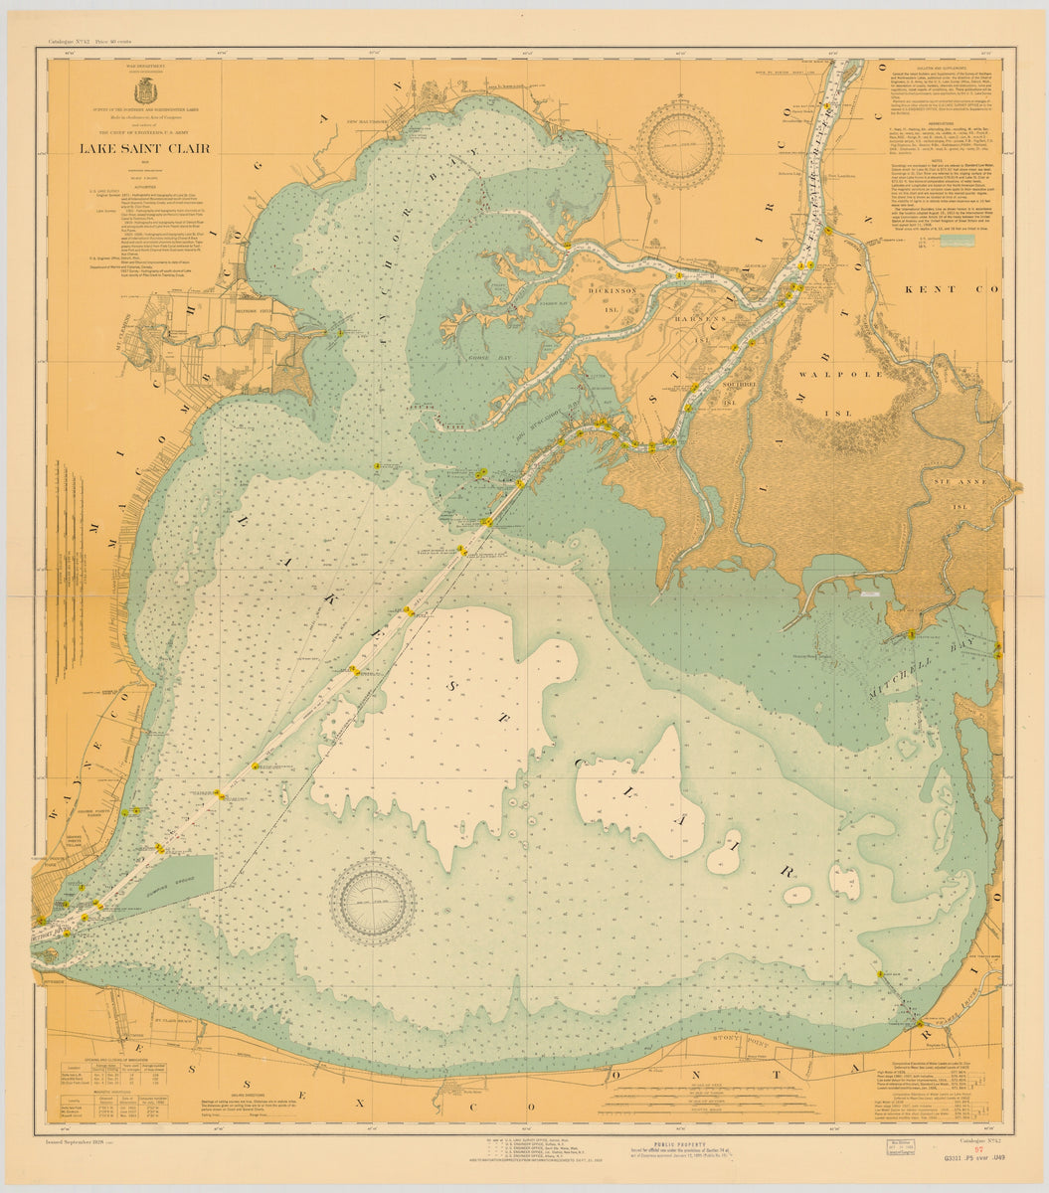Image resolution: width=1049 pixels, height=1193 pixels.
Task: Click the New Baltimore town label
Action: [x=365, y=122]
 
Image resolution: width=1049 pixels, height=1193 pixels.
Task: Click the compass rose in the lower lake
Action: [x=373, y=902]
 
